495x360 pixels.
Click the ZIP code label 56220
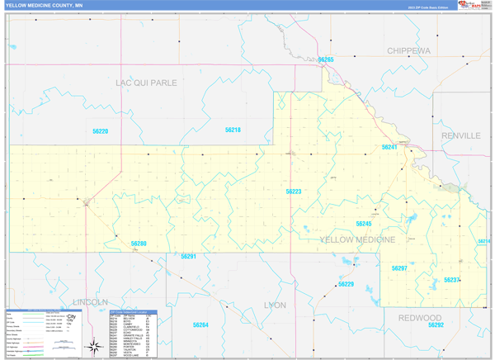coord(99,131)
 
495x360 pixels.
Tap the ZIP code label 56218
coord(233,130)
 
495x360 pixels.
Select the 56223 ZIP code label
coord(294,192)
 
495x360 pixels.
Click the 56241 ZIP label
coord(389,147)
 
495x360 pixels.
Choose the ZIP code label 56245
coord(364,224)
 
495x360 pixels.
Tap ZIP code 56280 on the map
coord(139,244)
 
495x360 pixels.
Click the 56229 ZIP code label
coord(346,284)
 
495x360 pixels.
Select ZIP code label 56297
coord(399,268)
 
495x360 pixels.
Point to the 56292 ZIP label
coord(436,325)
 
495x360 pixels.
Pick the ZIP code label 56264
coord(200,324)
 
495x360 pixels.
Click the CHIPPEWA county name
coord(408,50)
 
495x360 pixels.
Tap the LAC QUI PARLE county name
coord(145,83)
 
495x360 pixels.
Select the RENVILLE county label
coord(460,135)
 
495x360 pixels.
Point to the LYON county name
coord(274,305)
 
